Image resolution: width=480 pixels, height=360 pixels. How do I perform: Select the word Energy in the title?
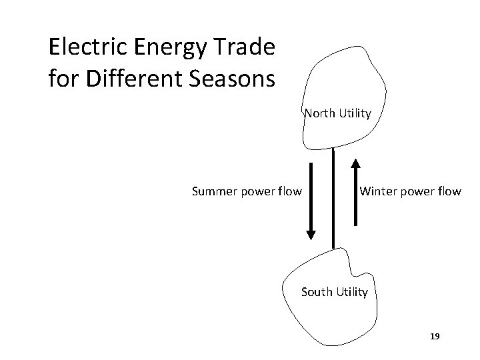[x=155, y=47]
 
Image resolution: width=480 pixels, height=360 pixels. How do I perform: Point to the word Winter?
[x=379, y=192]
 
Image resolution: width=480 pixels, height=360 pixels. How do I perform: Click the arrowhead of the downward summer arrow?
[x=311, y=233]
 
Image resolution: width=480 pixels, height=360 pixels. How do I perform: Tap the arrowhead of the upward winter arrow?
[x=356, y=164]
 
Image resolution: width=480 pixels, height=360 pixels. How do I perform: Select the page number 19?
[x=435, y=337]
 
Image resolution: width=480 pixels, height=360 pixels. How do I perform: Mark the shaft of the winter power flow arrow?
[x=356, y=200]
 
